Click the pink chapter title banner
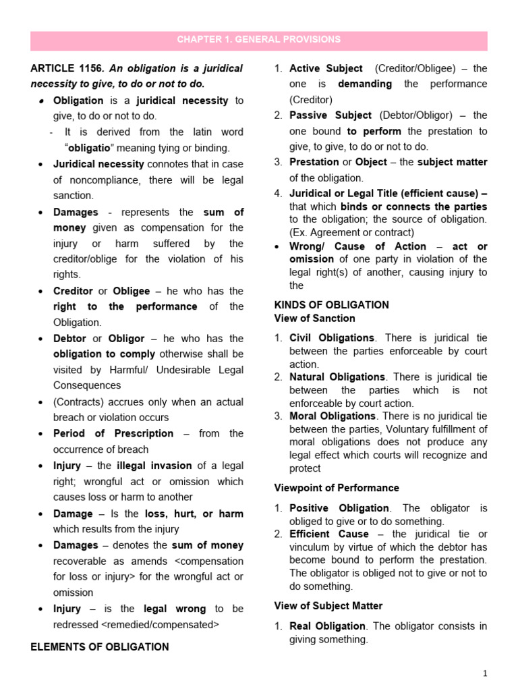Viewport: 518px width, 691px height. click(259, 40)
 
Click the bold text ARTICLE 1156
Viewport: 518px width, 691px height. click(67, 69)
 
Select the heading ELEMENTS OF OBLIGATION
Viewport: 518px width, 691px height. click(100, 646)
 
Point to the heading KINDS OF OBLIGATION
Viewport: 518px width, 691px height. click(332, 305)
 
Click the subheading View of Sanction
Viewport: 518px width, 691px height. click(314, 319)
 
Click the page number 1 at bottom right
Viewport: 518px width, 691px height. click(484, 673)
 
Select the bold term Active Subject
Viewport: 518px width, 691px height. click(326, 69)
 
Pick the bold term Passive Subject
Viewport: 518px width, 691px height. click(330, 115)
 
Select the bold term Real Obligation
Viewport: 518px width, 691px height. click(327, 626)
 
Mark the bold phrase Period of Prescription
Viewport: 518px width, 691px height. click(113, 433)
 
